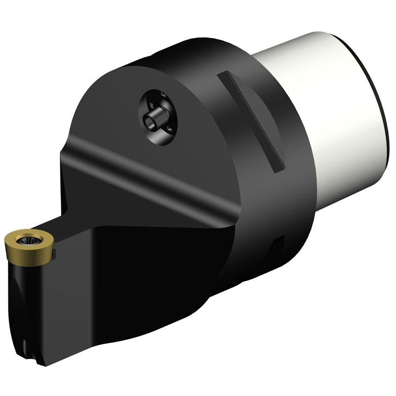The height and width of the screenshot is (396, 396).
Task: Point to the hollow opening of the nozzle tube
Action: pos(149,122)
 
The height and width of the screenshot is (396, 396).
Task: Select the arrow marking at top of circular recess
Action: pos(163,95)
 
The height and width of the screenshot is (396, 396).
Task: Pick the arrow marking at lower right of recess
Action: pos(170,129)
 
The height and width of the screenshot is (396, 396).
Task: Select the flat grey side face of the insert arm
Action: pos(70,301)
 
